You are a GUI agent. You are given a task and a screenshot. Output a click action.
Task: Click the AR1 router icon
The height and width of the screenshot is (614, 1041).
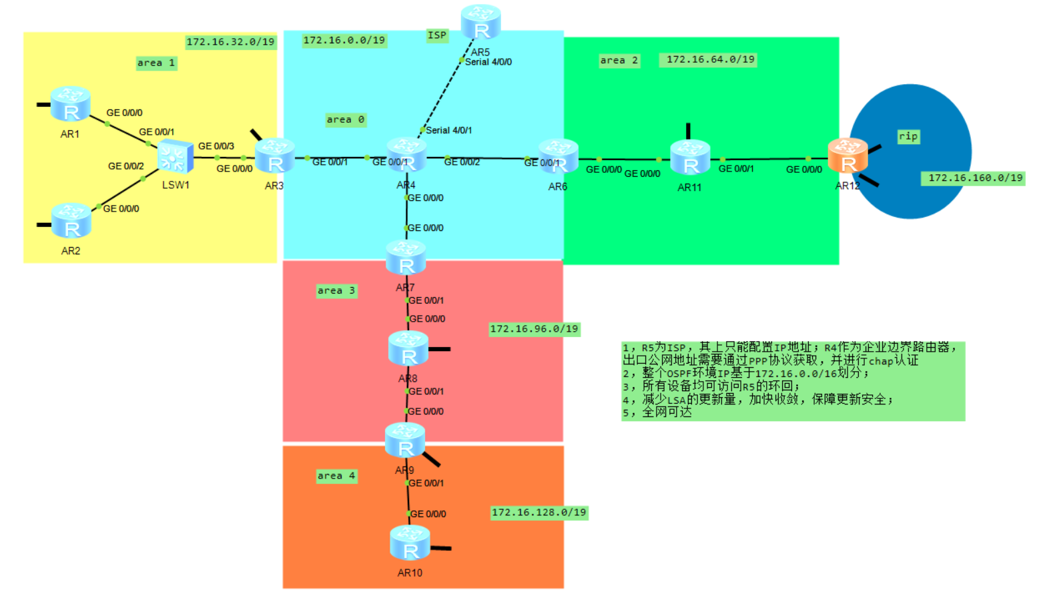70,103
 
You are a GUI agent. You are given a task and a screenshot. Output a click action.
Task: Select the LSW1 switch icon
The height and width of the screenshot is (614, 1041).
175,158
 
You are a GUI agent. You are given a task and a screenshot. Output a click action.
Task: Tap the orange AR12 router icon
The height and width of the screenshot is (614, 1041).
847,156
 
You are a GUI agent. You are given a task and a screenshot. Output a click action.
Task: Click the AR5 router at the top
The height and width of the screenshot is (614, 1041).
480,22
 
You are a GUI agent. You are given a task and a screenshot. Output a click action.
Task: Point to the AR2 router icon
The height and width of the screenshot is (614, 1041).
71,221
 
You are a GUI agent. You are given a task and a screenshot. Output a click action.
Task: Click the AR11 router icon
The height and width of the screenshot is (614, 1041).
690,158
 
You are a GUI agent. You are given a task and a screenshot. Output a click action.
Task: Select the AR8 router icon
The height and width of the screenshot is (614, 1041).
408,348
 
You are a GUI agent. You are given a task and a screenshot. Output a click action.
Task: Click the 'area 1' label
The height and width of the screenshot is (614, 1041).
156,63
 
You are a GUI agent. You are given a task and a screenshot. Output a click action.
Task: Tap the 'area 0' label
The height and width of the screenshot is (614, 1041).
346,119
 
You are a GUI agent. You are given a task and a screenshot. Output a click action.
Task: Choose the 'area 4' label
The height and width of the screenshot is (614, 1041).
336,476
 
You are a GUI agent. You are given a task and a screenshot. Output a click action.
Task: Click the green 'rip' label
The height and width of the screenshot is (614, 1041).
908,136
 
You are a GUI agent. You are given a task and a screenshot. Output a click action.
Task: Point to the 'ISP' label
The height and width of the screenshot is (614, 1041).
437,35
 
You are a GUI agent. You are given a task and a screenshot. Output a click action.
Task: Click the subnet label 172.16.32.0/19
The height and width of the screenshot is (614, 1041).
230,42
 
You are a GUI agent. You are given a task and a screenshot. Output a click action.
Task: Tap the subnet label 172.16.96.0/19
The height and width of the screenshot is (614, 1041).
534,329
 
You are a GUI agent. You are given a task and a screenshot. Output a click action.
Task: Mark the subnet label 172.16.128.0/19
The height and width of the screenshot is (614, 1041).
539,513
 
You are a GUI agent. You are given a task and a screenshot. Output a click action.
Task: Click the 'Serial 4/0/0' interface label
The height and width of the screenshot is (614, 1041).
488,62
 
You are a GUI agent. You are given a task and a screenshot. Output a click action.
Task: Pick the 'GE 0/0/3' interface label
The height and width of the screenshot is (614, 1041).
216,146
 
